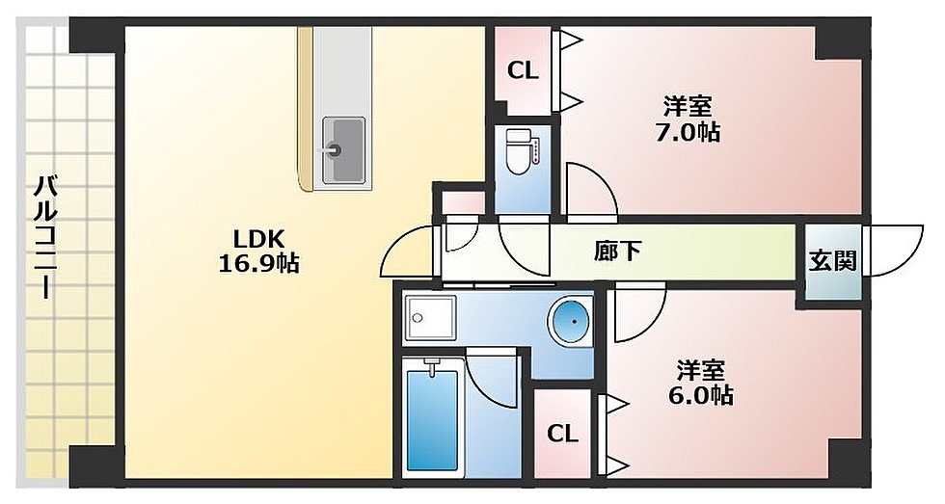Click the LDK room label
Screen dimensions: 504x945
[x=257, y=238]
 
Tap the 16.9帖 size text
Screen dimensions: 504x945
[x=257, y=262]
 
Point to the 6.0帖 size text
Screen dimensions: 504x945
[x=701, y=394]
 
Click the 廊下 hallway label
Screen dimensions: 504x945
[x=617, y=252]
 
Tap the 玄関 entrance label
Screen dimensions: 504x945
[x=832, y=261]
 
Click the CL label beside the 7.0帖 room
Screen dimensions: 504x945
[x=523, y=70]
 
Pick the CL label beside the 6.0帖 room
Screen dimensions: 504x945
[x=562, y=434]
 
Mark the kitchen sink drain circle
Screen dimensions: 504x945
[x=335, y=149]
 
